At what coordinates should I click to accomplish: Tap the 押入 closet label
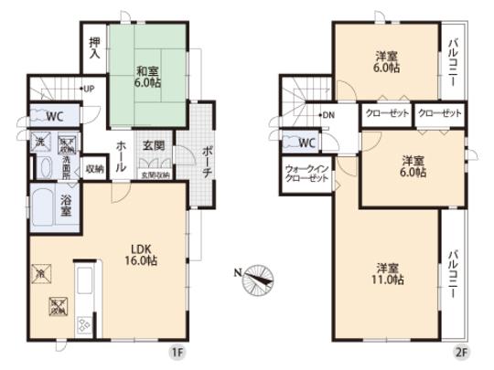coord(94,48)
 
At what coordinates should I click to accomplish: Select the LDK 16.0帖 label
coord(141,255)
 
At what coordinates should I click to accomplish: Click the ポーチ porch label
coord(208,160)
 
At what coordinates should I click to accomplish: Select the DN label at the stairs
coord(327,116)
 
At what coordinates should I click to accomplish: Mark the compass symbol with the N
coord(256,278)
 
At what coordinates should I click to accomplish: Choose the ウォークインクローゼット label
coord(306,174)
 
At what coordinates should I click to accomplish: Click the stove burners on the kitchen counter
coord(84,323)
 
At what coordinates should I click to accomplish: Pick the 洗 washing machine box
coord(40,143)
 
